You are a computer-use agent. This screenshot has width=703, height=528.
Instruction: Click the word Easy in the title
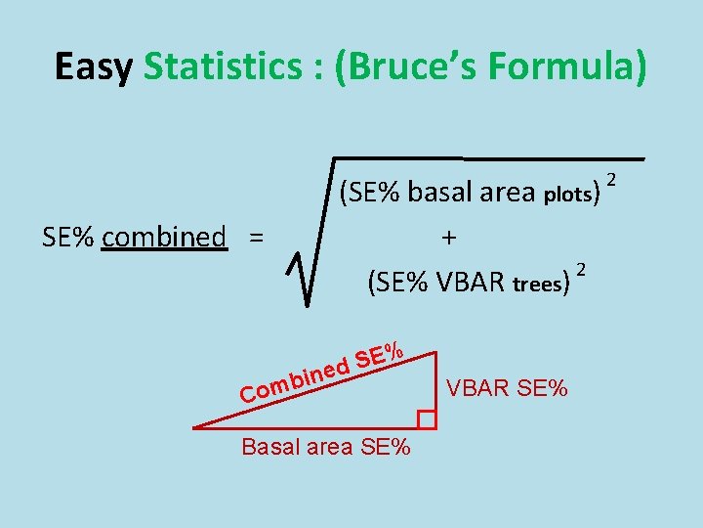[x=93, y=66]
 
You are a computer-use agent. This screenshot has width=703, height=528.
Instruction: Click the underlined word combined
[x=163, y=237]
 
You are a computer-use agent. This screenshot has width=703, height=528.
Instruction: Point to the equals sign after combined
[x=256, y=238]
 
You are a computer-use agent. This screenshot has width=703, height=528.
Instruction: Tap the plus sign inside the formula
[x=449, y=238]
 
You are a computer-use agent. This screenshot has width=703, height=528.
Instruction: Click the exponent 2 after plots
[x=611, y=179]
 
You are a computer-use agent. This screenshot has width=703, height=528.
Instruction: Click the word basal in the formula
[x=439, y=192]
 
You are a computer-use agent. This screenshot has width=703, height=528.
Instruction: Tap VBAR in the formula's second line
[x=472, y=284]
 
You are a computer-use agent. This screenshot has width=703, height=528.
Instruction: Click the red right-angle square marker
[x=426, y=419]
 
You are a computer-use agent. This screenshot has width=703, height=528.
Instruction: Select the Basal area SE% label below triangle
[x=326, y=449]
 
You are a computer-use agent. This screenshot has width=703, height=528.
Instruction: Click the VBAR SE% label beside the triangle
[x=507, y=388]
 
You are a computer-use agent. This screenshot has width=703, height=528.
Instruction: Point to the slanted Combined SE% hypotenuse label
[x=323, y=372]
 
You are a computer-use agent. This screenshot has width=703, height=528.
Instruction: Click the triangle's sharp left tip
[x=195, y=427]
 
